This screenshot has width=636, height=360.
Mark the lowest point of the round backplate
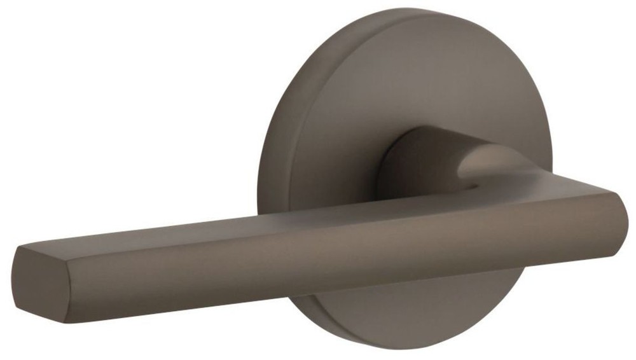407,343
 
